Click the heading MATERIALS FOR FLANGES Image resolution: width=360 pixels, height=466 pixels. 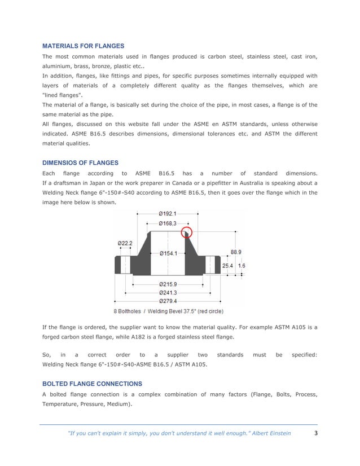point(84,46)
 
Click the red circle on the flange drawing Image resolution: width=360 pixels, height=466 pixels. point(187,232)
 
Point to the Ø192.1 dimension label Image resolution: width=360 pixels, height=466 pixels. point(168,214)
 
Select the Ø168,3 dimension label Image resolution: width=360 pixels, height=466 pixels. point(168,224)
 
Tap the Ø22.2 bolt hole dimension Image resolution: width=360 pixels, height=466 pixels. point(125,243)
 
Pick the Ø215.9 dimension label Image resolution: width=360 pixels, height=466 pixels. point(168,284)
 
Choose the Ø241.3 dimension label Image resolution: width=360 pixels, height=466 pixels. point(168,293)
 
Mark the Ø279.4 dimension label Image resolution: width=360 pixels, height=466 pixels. point(168,301)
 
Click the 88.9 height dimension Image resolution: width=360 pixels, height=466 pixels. point(237,253)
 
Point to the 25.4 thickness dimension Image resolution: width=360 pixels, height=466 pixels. point(227,265)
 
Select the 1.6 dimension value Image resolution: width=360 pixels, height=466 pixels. point(242,265)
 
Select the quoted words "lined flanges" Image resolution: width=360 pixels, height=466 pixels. point(62,95)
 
